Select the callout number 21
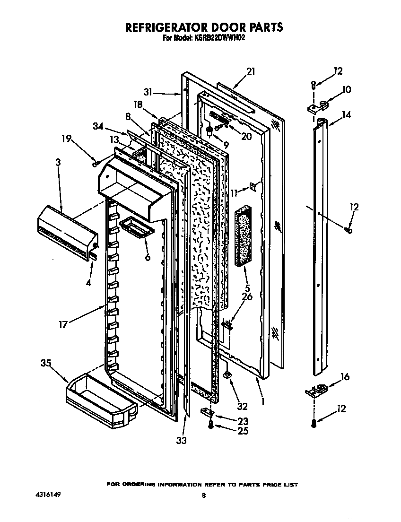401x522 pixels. point(251,71)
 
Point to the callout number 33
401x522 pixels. point(181,441)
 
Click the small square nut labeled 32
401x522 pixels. point(228,375)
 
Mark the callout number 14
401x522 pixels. point(347,114)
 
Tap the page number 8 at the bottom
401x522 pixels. point(203,496)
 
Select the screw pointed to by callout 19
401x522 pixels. point(96,163)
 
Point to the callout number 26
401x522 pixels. point(247,297)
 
